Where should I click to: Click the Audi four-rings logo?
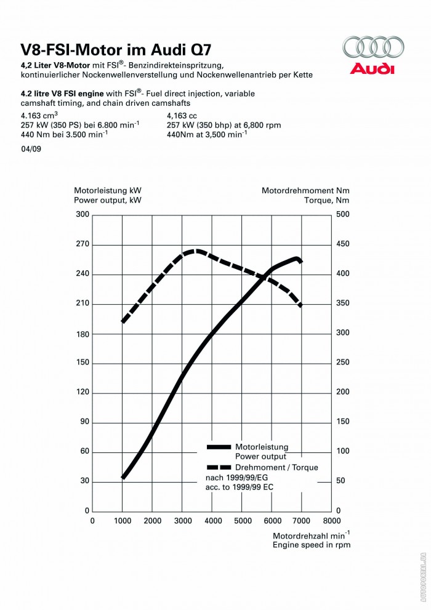[x=373, y=48]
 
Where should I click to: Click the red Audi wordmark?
[x=372, y=68]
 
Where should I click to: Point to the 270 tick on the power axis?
[x=83, y=244]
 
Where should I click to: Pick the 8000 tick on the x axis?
[x=332, y=521]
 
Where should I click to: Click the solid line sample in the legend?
[x=219, y=447]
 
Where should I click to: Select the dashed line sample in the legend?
[x=219, y=468]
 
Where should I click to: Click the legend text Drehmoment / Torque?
[x=276, y=468]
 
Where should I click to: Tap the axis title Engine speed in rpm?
[x=312, y=544]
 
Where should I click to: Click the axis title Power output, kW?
[x=107, y=201]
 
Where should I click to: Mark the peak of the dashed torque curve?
[x=196, y=251]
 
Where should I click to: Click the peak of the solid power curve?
[x=297, y=259]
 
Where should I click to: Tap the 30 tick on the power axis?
[x=85, y=481]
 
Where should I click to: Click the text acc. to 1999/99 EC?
[x=239, y=488]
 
